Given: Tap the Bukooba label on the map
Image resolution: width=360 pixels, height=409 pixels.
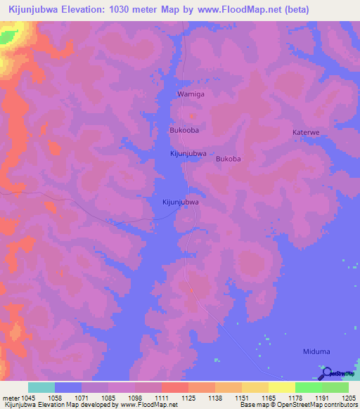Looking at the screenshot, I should coord(184,131).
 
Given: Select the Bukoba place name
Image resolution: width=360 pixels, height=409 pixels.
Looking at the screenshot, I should coord(229,159).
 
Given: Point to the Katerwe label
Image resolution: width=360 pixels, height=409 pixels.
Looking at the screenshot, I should coord(306,132).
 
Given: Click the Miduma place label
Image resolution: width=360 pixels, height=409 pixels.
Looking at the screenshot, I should coord(316,351).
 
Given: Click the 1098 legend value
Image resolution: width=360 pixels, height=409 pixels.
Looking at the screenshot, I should coord(134,398).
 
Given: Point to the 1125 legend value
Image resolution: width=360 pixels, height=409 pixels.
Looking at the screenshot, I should coord(188,398).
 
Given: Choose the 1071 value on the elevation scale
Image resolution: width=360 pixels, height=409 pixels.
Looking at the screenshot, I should coord(82,398).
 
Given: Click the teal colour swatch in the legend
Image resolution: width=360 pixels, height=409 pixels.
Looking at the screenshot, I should coord(41,387).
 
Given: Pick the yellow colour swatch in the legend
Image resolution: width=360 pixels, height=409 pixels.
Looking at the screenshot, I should coord(281,387).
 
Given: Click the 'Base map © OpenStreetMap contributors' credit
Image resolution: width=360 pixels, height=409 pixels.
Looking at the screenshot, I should coord(298,405).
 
